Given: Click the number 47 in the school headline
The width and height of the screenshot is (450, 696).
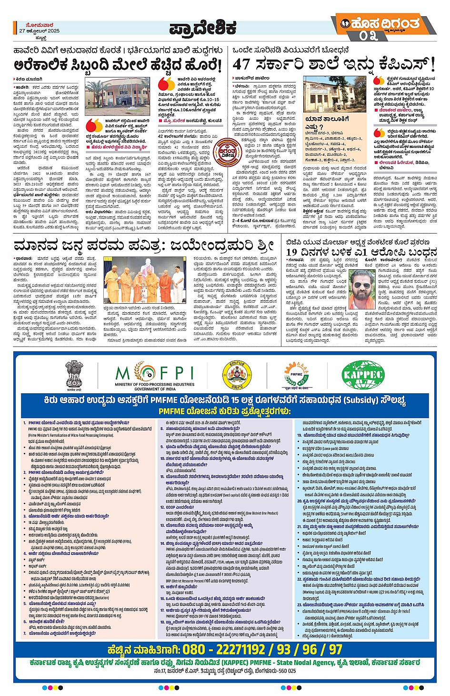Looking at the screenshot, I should click(x=241, y=64).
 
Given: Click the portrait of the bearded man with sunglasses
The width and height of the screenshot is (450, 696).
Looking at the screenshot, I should click(x=363, y=290).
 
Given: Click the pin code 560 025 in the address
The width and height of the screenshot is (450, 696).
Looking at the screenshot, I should click(x=284, y=671).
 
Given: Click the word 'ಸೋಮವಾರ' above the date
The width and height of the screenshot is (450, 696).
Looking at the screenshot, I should click(x=40, y=25).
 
